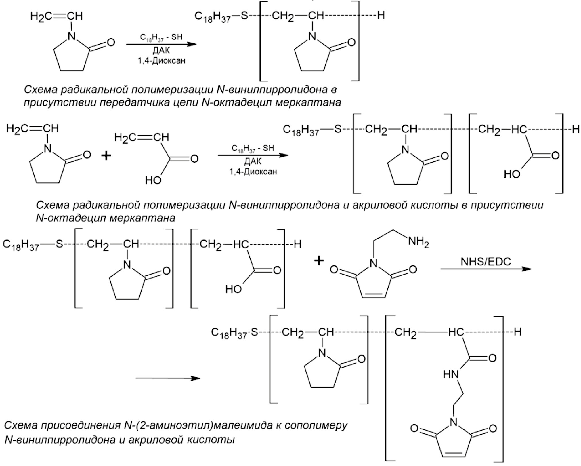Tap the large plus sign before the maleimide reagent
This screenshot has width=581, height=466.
click(x=319, y=261)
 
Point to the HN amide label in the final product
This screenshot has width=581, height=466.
click(x=450, y=374)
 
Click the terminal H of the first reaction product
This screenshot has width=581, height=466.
click(x=381, y=15)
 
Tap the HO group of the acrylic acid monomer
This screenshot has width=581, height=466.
click(x=153, y=180)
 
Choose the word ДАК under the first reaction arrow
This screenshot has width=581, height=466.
click(x=161, y=51)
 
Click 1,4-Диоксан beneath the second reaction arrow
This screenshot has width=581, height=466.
click(x=253, y=172)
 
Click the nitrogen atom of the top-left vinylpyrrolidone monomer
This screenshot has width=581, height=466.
click(x=71, y=36)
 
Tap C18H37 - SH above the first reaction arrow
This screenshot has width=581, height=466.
click(x=161, y=38)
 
